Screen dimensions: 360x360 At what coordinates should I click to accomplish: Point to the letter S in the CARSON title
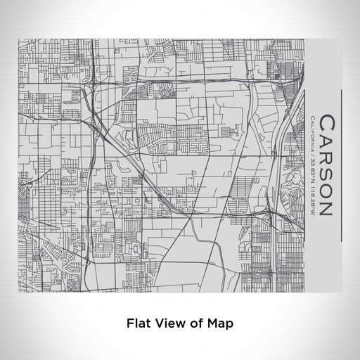click(326, 172)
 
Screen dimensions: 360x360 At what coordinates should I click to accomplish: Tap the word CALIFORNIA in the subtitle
click(311, 134)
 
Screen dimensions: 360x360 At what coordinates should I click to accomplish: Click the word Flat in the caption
click(139, 324)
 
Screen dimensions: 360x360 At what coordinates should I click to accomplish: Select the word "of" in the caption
click(193, 324)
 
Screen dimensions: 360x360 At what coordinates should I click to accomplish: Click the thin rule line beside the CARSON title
click(341, 166)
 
